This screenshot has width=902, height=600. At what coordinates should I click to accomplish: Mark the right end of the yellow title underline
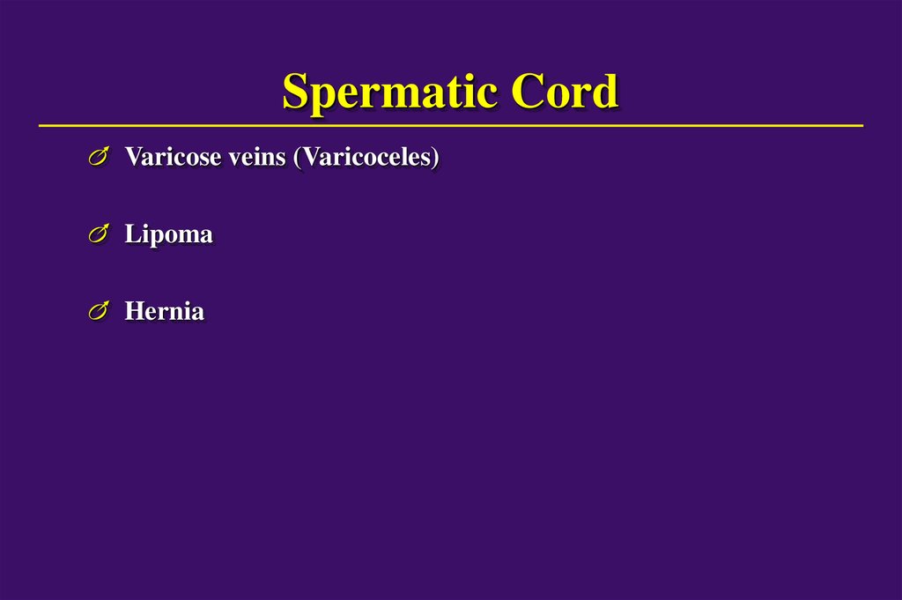tap(861, 126)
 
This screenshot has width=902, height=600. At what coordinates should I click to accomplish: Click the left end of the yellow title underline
tap(41, 126)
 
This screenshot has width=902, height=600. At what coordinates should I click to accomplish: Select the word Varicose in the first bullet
tap(163, 158)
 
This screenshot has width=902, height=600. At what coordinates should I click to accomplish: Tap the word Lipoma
tap(168, 235)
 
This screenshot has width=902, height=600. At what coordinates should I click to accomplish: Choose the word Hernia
tap(165, 311)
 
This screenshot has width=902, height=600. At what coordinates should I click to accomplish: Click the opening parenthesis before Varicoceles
tap(298, 159)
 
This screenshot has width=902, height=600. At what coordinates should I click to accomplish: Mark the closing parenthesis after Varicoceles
tap(434, 159)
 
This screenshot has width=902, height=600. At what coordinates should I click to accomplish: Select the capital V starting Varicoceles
tap(310, 158)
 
